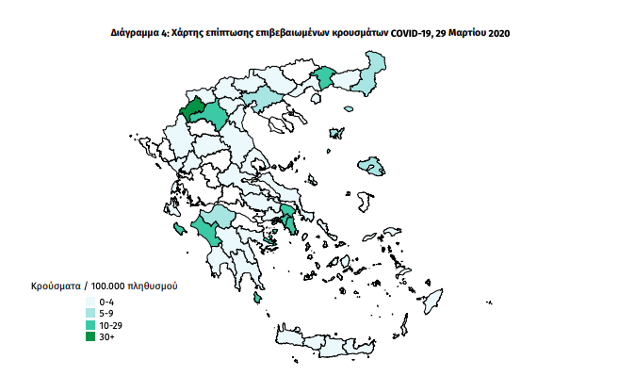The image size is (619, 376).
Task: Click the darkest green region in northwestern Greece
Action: [195, 109]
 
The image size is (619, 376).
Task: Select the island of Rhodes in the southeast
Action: [434, 301]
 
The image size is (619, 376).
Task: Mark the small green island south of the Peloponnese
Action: [257, 299]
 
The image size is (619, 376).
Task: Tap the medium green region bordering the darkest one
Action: [216, 116]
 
